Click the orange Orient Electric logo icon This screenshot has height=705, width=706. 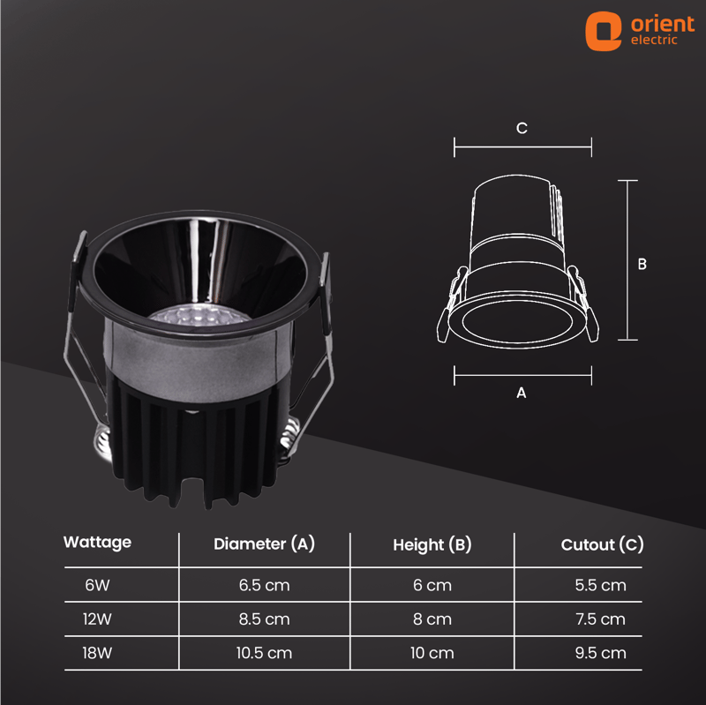tap(603, 31)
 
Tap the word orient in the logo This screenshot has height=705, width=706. tap(663, 24)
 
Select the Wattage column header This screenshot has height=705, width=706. tap(97, 543)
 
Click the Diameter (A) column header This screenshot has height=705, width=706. tap(264, 544)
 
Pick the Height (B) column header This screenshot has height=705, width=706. tap(432, 544)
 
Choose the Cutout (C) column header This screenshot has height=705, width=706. tap(603, 544)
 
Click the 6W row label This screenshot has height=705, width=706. tap(97, 585)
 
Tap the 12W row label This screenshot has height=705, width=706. tap(97, 619)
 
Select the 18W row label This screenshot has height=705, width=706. tap(97, 653)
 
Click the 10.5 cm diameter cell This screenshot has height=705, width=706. tap(264, 653)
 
